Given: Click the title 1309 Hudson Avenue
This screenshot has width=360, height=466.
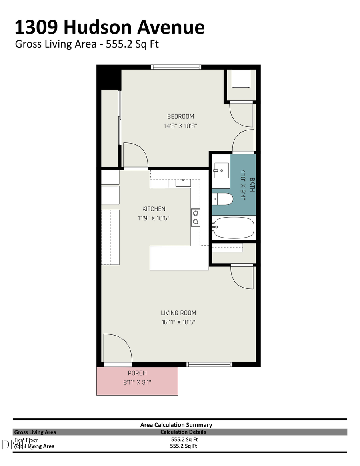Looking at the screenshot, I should (x=110, y=27).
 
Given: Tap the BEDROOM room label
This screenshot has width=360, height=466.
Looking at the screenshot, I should (x=180, y=116).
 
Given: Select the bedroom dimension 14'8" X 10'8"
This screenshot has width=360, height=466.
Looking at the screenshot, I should (x=180, y=126).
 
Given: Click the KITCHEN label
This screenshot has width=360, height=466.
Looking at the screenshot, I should (x=154, y=209).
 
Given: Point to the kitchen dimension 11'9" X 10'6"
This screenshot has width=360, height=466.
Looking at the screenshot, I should (x=154, y=218).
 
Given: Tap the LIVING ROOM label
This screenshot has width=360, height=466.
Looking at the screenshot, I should (x=178, y=313).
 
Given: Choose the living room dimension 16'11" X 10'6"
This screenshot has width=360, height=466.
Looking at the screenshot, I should (x=178, y=322).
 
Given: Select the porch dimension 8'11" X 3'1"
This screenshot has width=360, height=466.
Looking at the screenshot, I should (x=137, y=382).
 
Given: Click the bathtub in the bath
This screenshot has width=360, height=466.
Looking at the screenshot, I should (x=234, y=228).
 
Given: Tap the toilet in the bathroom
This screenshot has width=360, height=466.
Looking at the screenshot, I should (x=222, y=199).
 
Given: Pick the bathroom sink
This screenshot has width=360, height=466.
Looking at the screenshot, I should (x=220, y=171).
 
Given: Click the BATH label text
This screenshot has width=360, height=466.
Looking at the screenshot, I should (x=252, y=185).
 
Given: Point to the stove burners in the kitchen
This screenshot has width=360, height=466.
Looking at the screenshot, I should (x=195, y=218).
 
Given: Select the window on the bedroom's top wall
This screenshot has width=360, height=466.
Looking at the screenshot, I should (x=176, y=67).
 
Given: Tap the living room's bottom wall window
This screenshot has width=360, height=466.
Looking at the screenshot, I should (x=210, y=364).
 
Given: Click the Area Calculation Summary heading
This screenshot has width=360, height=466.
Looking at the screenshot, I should (x=176, y=425).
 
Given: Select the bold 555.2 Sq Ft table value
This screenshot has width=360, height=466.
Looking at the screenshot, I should (x=184, y=446).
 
